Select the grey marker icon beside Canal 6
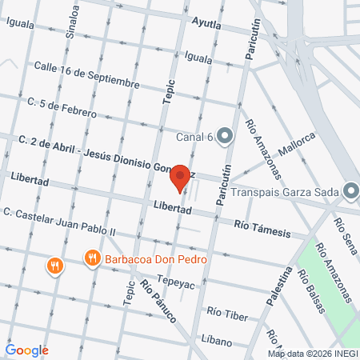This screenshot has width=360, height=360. pos(225,135)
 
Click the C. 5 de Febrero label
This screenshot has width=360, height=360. pos(62,102)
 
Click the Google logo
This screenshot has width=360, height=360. pos(27,350)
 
